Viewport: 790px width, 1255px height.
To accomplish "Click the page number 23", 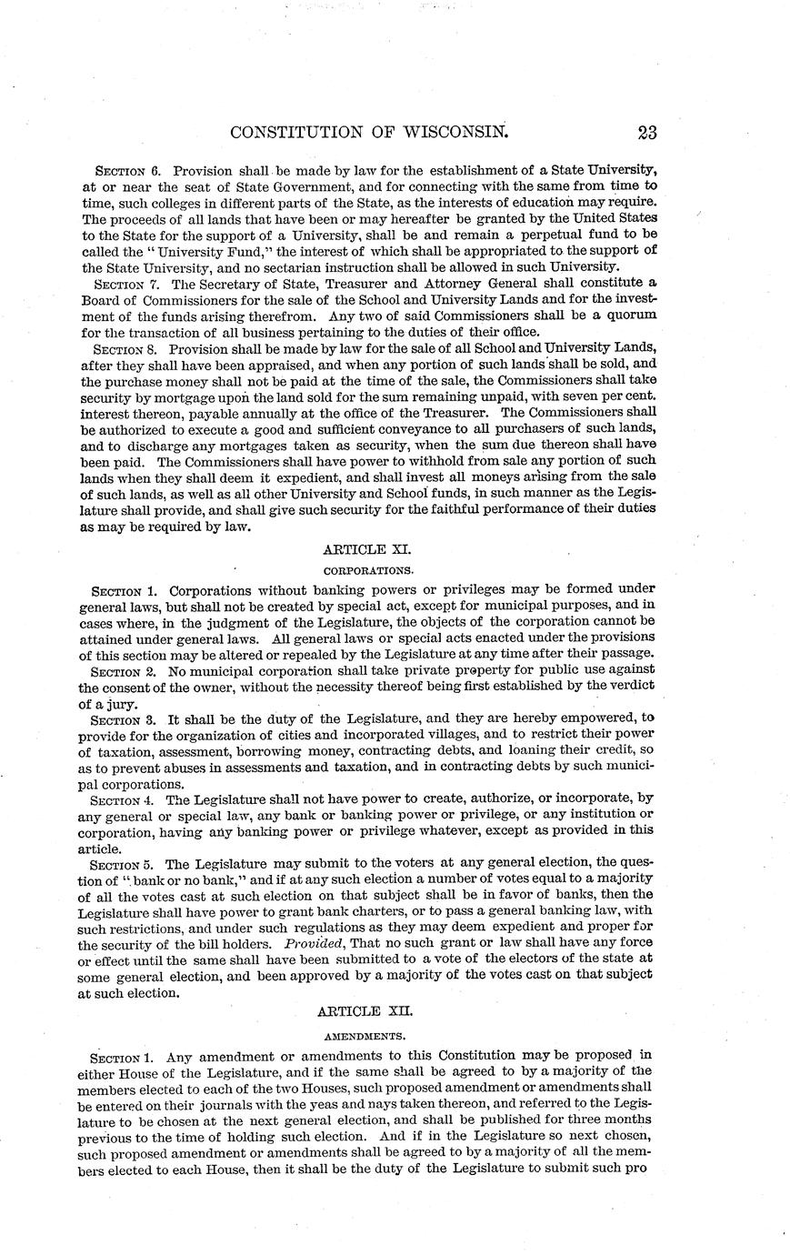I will coord(646,132).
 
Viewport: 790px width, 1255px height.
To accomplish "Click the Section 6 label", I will coord(129,170).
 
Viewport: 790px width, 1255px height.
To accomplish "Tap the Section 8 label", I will coord(129,347).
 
